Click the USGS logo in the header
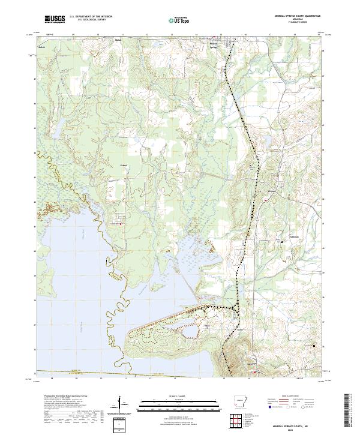pos(56,19)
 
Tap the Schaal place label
pos(124,165)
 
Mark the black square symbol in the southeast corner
pos(314,345)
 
